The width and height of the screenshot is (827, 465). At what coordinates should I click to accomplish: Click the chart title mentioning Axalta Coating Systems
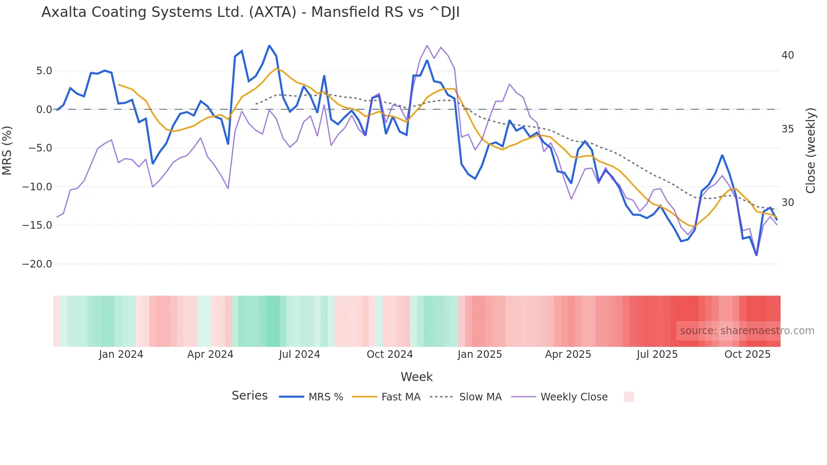[250, 12]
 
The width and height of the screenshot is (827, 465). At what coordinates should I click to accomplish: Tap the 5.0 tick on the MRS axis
[44, 71]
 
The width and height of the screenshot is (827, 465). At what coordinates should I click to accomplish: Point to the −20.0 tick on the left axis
[37, 264]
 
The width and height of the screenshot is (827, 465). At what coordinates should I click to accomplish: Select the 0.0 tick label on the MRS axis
[44, 110]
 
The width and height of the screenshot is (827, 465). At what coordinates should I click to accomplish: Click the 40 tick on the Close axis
[787, 55]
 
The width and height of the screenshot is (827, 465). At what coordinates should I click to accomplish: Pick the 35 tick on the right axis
[787, 129]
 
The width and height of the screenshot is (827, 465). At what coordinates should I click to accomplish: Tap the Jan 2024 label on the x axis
[121, 354]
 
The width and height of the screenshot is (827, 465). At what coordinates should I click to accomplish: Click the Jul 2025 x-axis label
[657, 354]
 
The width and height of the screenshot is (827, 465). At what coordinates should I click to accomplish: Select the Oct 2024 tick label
[389, 354]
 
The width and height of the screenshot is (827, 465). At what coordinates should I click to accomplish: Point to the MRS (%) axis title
[7, 150]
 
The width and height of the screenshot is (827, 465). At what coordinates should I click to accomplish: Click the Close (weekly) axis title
[811, 150]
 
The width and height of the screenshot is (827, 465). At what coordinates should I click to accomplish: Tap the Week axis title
[416, 377]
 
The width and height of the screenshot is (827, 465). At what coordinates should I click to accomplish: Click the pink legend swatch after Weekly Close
[629, 397]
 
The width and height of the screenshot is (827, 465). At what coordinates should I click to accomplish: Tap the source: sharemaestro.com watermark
[747, 331]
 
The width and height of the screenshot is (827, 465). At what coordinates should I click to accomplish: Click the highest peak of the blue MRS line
[269, 46]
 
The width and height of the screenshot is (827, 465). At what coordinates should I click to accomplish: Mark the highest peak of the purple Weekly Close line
[427, 46]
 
